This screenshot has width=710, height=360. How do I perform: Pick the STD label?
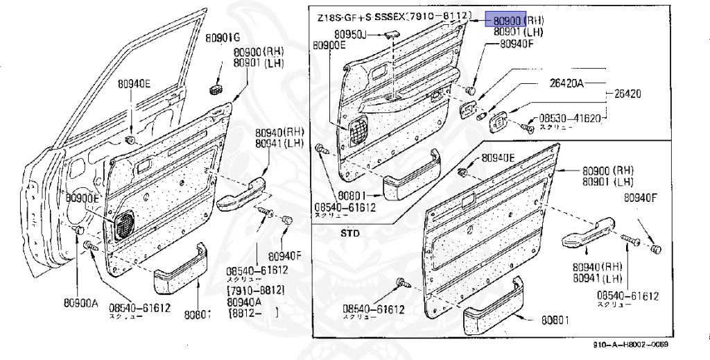tap(350, 234)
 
